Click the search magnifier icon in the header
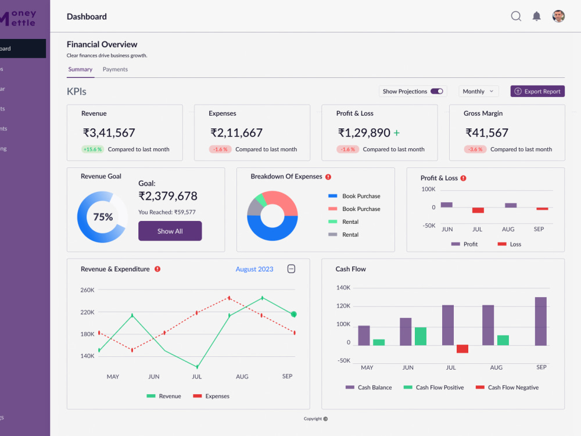[x=516, y=16]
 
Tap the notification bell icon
[x=537, y=16]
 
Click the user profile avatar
[x=558, y=16]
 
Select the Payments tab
[x=115, y=69]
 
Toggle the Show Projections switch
[x=437, y=91]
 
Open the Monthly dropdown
[x=479, y=91]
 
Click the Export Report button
[x=537, y=91]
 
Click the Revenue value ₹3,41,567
[x=109, y=133]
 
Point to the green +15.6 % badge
[x=92, y=149]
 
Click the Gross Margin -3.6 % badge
[x=475, y=149]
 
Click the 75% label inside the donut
[x=103, y=217]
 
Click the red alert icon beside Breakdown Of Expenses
[x=328, y=177]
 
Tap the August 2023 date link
[x=254, y=269]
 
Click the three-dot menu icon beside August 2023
[x=292, y=269]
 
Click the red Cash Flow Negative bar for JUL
[x=462, y=349]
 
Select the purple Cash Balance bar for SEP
[x=541, y=321]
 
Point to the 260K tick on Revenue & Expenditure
[x=88, y=290]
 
